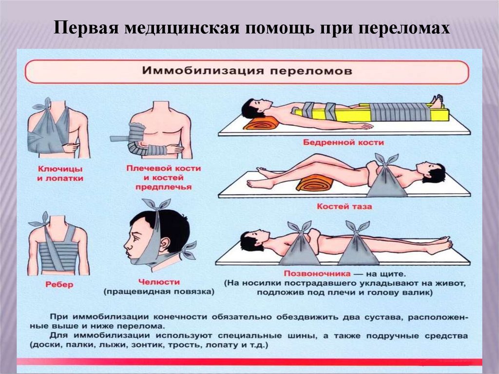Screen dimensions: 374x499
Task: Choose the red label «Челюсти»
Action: [x=159, y=282]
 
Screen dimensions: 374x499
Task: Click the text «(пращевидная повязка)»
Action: [x=159, y=292]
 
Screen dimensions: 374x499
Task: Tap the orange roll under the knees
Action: [x=314, y=184]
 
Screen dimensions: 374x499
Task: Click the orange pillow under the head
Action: [x=261, y=122]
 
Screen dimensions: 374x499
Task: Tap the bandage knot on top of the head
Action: [x=155, y=204]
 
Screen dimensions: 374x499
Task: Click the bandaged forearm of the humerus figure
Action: [x=149, y=149]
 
